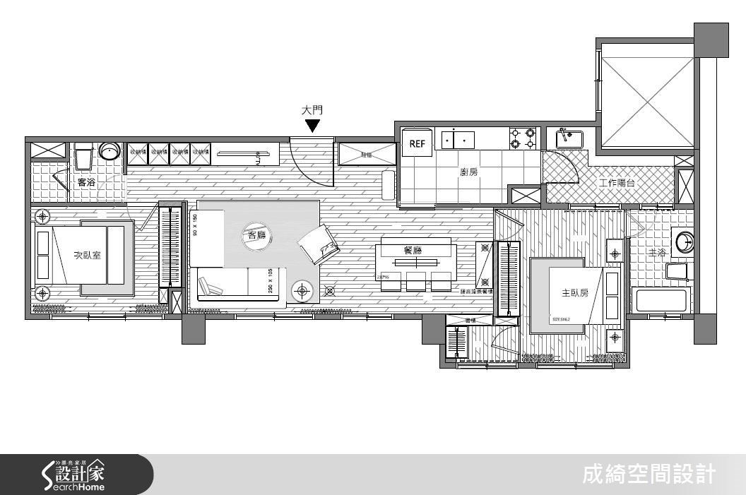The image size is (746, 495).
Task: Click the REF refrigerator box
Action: pyautogui.click(x=416, y=144)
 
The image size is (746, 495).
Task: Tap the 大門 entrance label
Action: pyautogui.click(x=312, y=110)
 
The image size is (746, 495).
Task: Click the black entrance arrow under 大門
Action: pyautogui.click(x=312, y=126)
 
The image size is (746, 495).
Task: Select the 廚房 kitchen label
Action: pyautogui.click(x=468, y=172)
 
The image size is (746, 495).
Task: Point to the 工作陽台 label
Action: pyautogui.click(x=617, y=184)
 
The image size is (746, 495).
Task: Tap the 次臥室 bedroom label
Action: pyautogui.click(x=87, y=256)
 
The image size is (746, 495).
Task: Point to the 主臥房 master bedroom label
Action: pyautogui.click(x=574, y=292)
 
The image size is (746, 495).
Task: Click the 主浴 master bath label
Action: pyautogui.click(x=658, y=251)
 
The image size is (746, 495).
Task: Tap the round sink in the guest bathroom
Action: pyautogui.click(x=109, y=150)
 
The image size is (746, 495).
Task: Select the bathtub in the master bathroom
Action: pyautogui.click(x=662, y=300)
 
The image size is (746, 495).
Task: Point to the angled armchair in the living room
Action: pyautogui.click(x=319, y=244)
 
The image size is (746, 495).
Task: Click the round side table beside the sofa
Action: pyautogui.click(x=304, y=290)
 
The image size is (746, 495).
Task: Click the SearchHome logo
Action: pyautogui.click(x=74, y=475)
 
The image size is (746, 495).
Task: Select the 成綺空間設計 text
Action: pyautogui.click(x=649, y=475)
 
